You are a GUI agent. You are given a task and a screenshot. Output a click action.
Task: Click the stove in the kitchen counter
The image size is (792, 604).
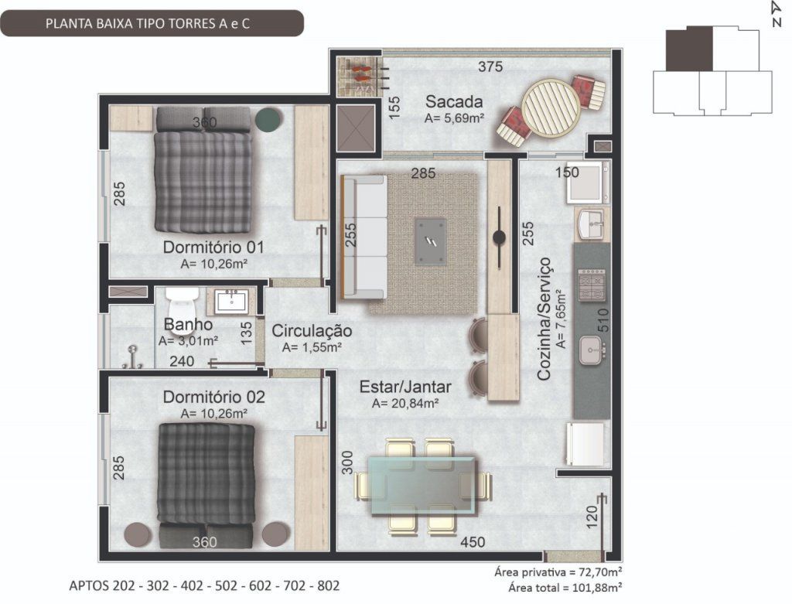(x=592, y=285)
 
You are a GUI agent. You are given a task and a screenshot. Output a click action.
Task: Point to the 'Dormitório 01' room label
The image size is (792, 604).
(x=213, y=247)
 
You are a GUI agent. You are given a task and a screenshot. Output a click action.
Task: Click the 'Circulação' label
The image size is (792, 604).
(x=312, y=331)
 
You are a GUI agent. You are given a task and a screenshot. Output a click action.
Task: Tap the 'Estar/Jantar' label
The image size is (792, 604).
(x=405, y=387)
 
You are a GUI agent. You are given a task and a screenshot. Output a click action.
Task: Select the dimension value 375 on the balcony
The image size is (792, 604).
(x=490, y=67)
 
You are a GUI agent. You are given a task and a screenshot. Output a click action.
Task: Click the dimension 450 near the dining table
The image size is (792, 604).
(x=473, y=542)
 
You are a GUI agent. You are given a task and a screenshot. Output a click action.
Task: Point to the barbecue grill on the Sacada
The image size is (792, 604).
(x=357, y=76)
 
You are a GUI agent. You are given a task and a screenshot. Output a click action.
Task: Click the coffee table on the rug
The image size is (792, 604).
(x=431, y=241)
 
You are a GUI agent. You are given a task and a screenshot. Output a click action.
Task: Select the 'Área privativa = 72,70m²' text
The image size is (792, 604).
(x=558, y=572)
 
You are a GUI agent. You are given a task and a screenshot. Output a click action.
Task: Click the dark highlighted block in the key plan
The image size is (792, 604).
(x=689, y=49)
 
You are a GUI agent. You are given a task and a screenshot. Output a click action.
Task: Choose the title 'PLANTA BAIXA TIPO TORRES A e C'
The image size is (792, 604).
(x=148, y=24)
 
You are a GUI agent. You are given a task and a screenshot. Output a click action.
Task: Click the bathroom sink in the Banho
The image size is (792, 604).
(x=231, y=301)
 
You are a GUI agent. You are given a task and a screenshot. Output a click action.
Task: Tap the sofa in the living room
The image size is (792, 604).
(x=364, y=237)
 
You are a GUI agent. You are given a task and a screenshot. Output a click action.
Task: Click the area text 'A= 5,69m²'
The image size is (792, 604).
(x=455, y=118)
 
